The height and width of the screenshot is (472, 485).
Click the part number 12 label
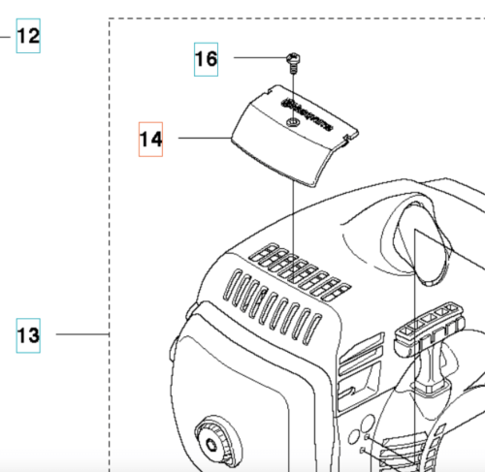tap(28, 37)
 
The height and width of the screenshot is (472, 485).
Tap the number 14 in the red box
tap(149, 139)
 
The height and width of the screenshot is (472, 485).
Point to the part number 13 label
tap(28, 335)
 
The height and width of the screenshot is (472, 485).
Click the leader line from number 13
tap(82, 335)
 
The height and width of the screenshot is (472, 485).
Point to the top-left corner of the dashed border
tap(110, 18)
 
